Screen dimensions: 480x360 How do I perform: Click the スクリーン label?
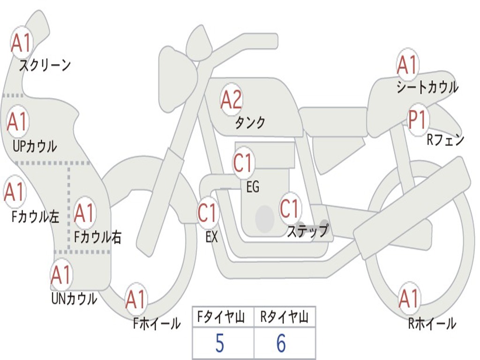[x=45, y=65]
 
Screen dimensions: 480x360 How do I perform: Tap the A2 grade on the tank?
[x=231, y=99]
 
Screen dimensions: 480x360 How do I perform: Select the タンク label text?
[x=250, y=123]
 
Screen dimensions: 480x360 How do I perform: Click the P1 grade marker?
[x=417, y=120]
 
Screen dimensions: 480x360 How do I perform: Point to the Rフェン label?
[x=445, y=140]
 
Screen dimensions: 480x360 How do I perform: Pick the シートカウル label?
[x=427, y=87]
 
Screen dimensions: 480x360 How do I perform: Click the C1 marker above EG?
[x=243, y=163]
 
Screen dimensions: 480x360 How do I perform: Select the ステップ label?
[x=307, y=231]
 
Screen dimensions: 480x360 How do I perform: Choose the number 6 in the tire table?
[x=281, y=344]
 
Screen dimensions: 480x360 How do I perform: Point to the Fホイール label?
[x=157, y=323]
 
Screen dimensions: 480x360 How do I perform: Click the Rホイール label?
[x=432, y=323]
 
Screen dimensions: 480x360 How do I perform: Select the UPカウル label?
[x=34, y=146]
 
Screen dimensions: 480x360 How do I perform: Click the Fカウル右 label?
[x=97, y=237]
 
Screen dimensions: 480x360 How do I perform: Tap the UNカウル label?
[x=74, y=299]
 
